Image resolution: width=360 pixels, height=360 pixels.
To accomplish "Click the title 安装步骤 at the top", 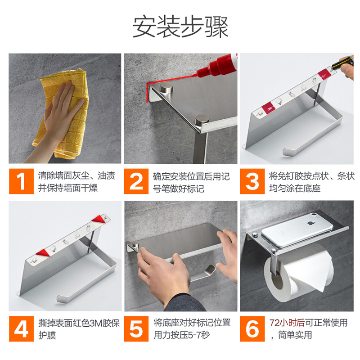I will click(x=180, y=27).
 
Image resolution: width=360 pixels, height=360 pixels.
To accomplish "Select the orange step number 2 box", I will click(x=136, y=181).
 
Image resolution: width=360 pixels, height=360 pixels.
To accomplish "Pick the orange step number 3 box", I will click(x=252, y=181).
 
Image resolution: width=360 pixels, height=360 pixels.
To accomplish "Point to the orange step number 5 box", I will click(x=136, y=329).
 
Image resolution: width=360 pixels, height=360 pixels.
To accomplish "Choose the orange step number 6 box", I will click(x=252, y=329).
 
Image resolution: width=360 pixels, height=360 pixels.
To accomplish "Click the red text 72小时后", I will click(x=286, y=323).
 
